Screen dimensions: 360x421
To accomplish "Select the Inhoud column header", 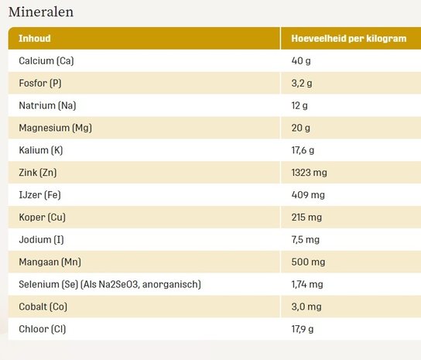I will [x=35, y=39].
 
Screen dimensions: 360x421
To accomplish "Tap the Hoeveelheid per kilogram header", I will [x=348, y=39].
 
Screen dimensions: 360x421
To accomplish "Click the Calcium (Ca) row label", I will [x=46, y=60].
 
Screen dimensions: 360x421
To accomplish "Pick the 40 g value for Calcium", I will [x=300, y=60].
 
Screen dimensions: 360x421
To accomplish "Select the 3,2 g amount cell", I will [x=301, y=83].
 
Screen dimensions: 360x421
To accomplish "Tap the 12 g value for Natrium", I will [x=299, y=105].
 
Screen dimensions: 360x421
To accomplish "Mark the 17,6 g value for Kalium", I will [x=303, y=150].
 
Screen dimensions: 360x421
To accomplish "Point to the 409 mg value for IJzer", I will [x=308, y=195].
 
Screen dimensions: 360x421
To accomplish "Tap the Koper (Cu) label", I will [x=42, y=218].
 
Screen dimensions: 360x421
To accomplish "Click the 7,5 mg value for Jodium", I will [x=306, y=240].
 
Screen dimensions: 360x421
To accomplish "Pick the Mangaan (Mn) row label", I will [x=50, y=262].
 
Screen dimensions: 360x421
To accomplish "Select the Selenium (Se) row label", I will [x=109, y=285].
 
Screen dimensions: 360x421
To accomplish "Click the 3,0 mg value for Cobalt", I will [x=306, y=307].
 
